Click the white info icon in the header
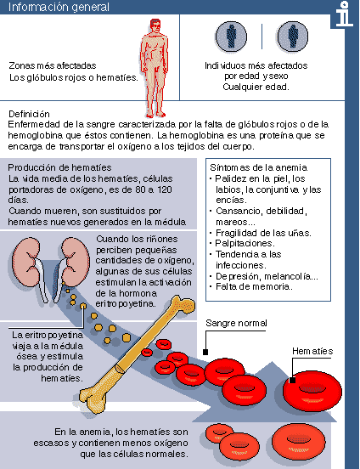coord(342,14)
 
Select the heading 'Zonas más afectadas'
coord(52,65)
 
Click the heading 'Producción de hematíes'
coord(58,167)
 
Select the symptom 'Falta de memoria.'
coord(254,286)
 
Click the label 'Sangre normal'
coord(235,324)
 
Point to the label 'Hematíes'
coord(312,352)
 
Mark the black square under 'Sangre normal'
coord(205,350)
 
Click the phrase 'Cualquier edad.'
coord(255,87)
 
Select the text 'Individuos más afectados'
coord(256,65)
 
